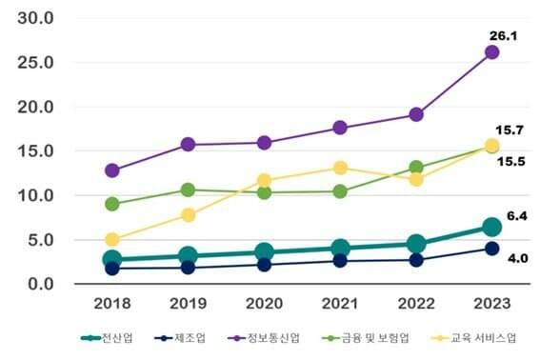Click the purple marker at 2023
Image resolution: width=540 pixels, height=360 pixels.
[491, 52]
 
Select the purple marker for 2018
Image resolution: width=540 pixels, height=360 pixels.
[112, 170]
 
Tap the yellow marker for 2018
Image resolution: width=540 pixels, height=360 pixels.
[112, 240]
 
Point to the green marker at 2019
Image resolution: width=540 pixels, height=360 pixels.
[188, 190]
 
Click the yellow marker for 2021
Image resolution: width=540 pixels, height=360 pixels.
[340, 168]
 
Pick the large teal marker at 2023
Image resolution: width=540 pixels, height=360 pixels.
[491, 227]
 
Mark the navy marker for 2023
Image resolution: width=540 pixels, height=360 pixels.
[491, 249]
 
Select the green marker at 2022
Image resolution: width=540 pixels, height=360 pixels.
[416, 168]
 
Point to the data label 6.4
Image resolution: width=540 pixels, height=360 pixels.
[517, 216]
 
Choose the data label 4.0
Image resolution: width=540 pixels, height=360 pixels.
[517, 257]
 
